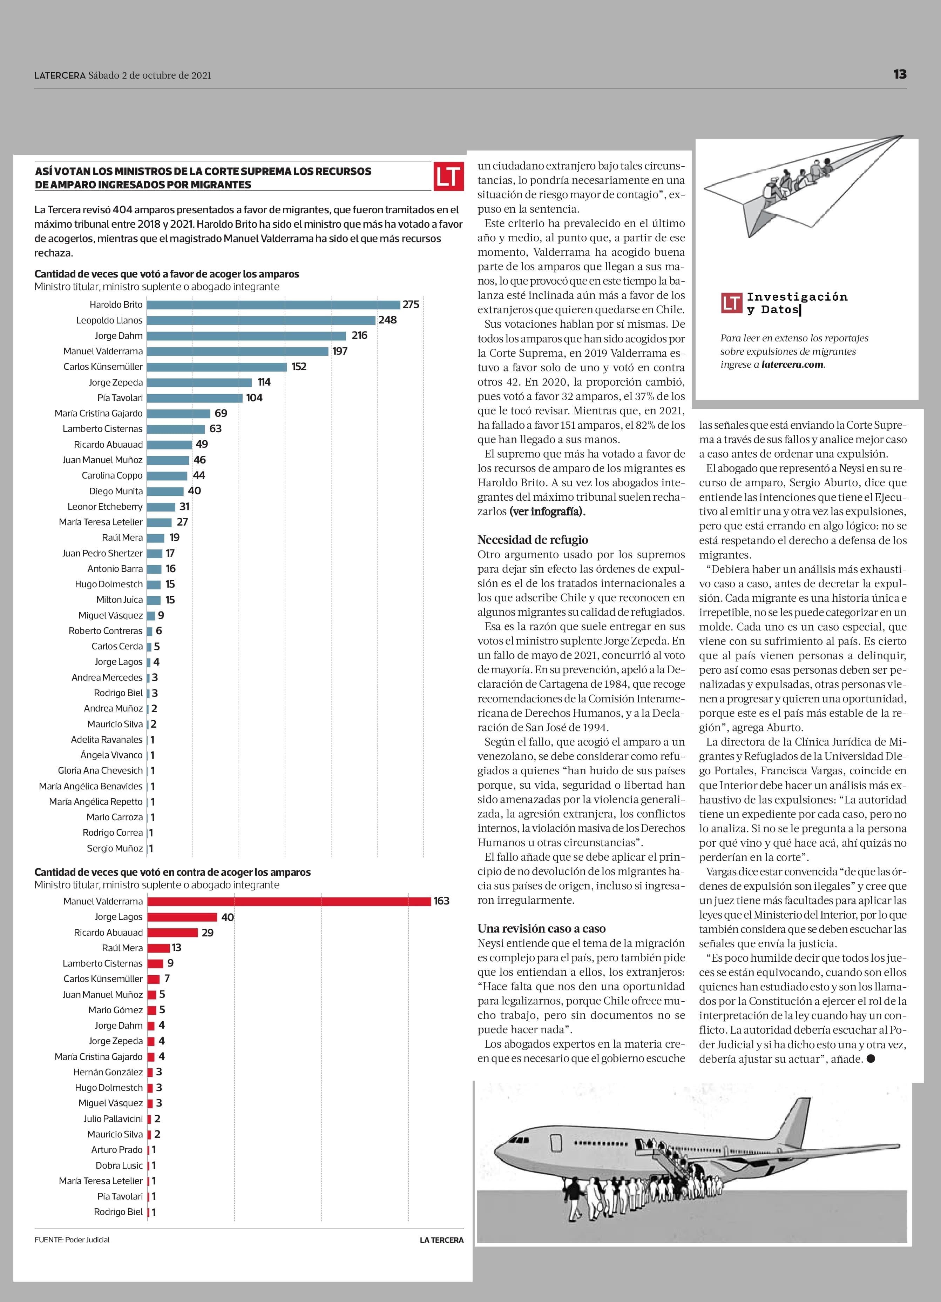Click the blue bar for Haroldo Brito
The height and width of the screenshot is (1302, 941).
pos(273,305)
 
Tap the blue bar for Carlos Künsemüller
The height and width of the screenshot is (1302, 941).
pos(217,367)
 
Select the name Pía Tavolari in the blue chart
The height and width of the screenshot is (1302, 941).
pos(120,398)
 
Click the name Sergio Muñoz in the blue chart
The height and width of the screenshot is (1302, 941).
pos(115,848)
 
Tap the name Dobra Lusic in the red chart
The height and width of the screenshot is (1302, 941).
pos(119,1166)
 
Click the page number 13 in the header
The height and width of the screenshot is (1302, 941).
pos(900,74)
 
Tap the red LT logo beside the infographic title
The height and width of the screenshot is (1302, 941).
pos(448,176)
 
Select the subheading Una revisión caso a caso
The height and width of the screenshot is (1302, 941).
pos(541,929)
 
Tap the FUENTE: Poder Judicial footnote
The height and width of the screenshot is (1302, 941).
pos(72,1240)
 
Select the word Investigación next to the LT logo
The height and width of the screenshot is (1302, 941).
pos(797,297)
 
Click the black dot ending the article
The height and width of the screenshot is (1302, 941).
pos(871,1059)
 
